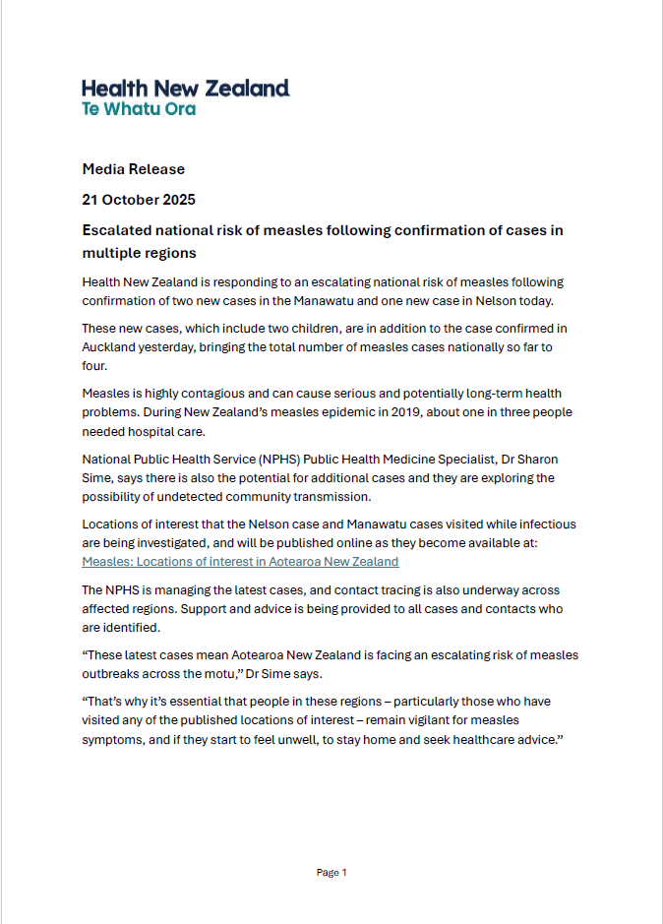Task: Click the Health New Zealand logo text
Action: [x=185, y=89]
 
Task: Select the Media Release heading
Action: [x=133, y=169]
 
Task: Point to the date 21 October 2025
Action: [x=139, y=200]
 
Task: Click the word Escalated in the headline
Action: [x=118, y=230]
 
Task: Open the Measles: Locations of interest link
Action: [x=240, y=562]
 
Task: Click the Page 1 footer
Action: [x=331, y=872]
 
